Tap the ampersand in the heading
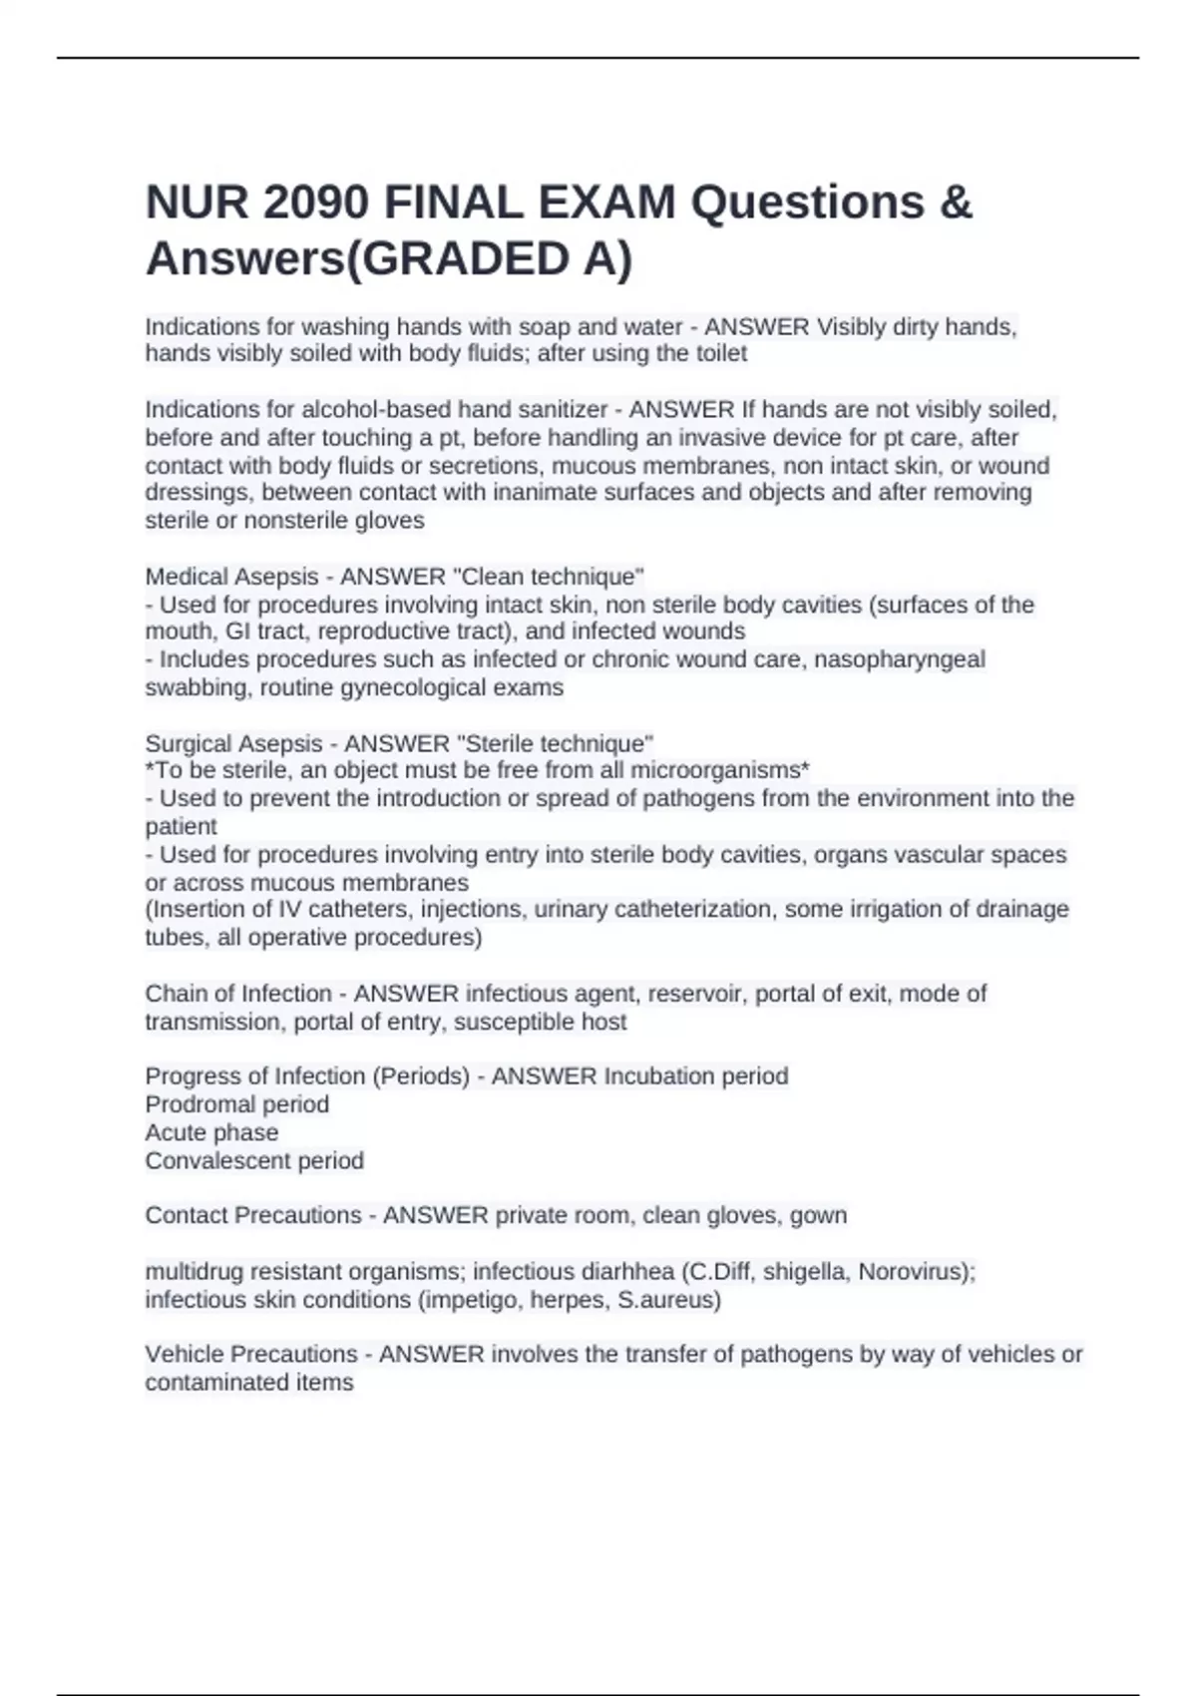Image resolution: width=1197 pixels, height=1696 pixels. point(955,203)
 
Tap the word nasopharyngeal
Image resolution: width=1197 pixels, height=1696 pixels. point(900,659)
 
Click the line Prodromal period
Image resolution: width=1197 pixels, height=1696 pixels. point(236,1104)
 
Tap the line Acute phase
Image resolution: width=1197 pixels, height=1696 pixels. point(211,1132)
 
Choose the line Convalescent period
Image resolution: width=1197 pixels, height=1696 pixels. point(254,1160)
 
